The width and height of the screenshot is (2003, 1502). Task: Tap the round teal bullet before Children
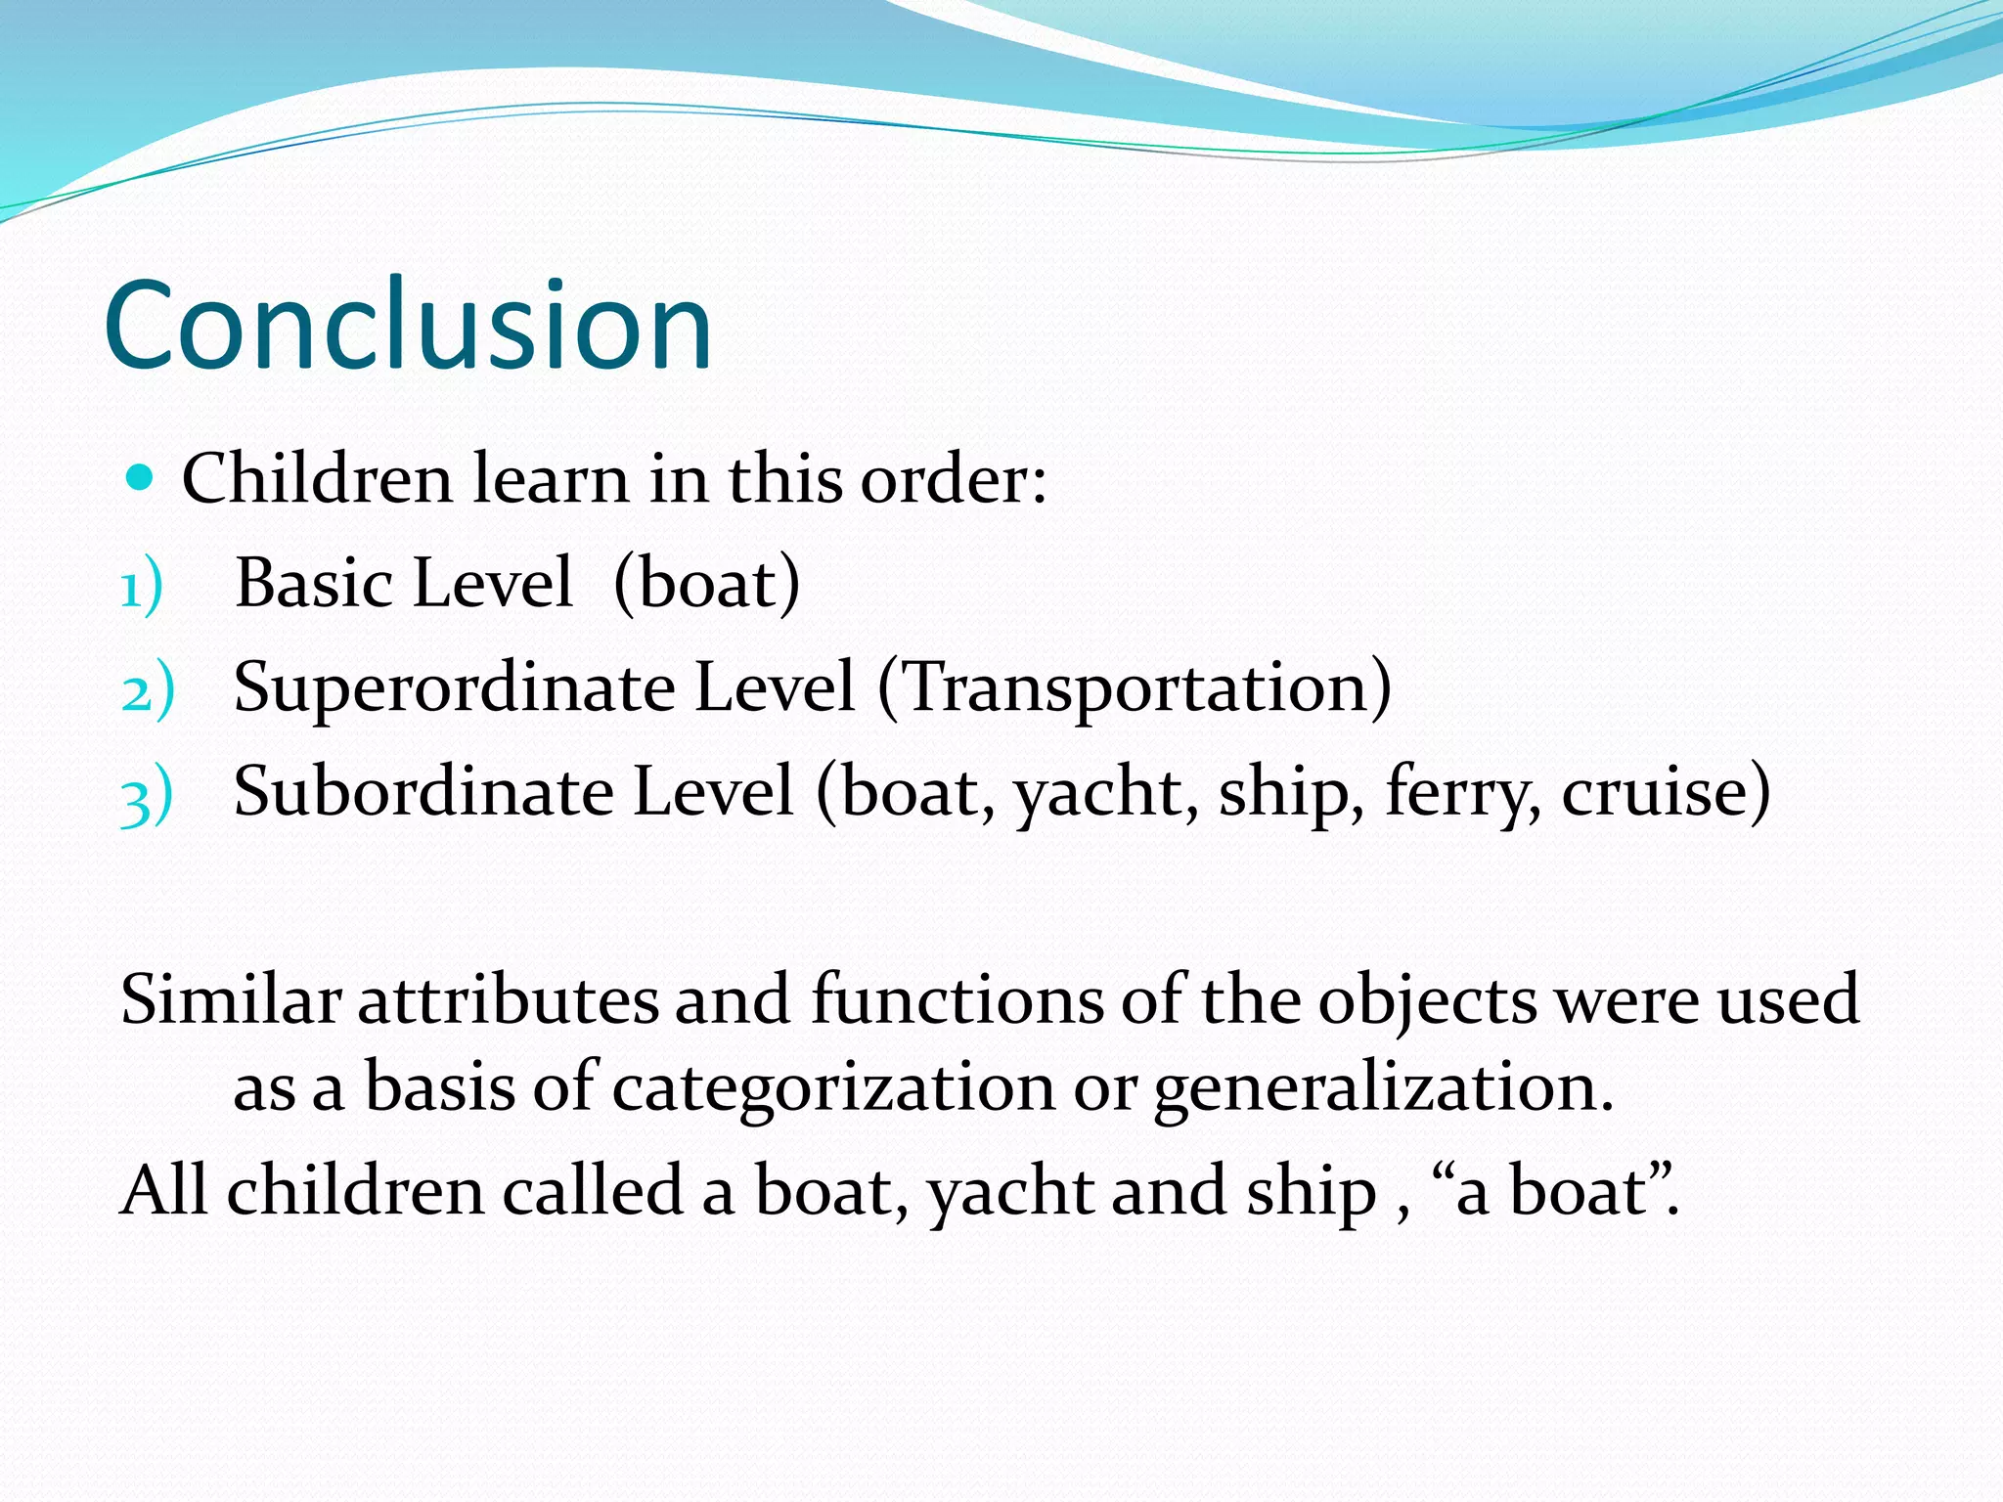pyautogui.click(x=141, y=478)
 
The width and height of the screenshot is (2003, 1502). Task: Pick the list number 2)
pyautogui.click(x=147, y=691)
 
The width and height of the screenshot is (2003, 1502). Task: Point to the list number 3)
pyautogui.click(x=147, y=796)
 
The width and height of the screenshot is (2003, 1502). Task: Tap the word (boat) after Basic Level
pyautogui.click(x=706, y=583)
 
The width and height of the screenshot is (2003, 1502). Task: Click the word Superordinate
pyautogui.click(x=453, y=687)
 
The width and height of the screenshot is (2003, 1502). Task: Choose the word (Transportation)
pyautogui.click(x=1135, y=687)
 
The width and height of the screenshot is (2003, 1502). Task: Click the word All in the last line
pyautogui.click(x=163, y=1190)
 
